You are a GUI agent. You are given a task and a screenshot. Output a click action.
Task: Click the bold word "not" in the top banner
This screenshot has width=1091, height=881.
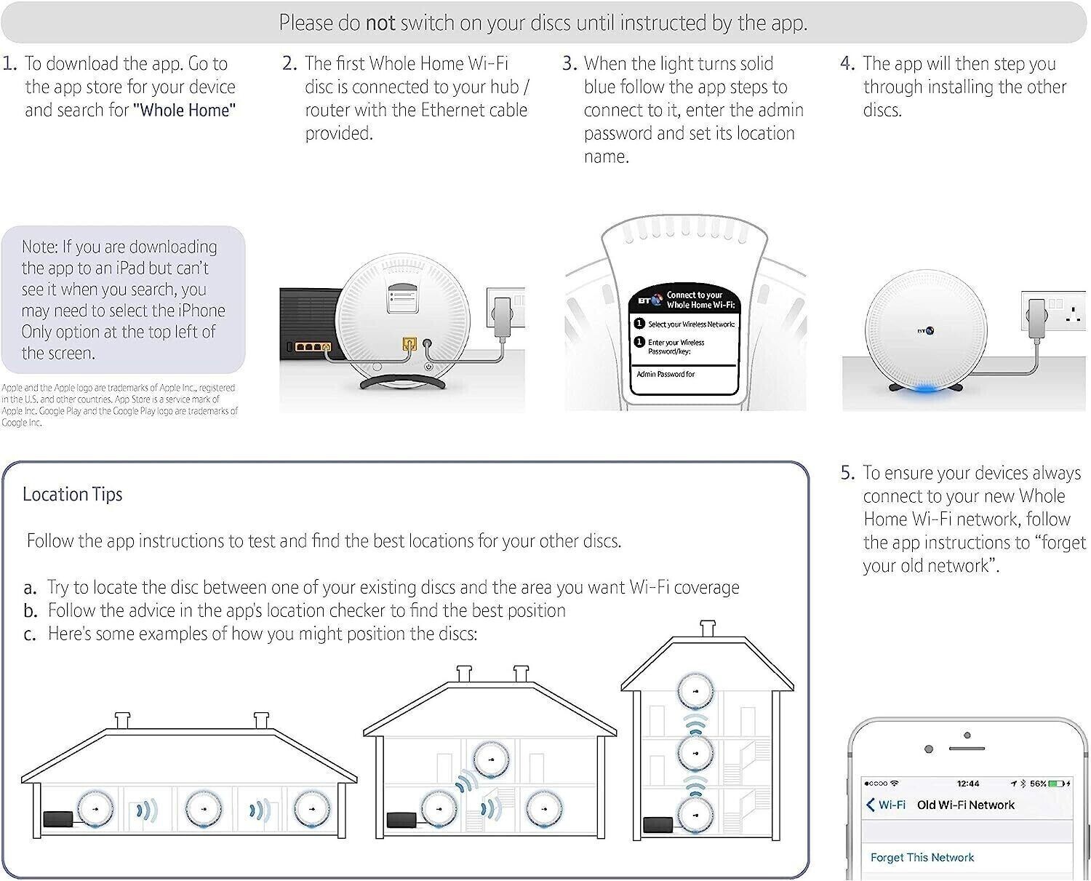coord(380,23)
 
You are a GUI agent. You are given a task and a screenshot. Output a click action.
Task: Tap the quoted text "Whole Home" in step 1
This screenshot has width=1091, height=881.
coord(185,111)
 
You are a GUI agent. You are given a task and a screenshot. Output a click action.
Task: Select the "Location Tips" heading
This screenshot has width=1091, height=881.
coord(73,495)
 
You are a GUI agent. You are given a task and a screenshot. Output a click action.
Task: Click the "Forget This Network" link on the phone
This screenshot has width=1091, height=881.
coord(922,858)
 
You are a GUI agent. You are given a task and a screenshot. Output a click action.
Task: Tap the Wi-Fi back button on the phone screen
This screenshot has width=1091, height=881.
coord(886,805)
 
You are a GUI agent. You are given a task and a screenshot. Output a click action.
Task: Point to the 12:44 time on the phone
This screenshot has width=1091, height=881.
coord(967,784)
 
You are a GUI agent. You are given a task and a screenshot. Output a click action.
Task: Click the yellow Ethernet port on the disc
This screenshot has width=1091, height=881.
coord(409,343)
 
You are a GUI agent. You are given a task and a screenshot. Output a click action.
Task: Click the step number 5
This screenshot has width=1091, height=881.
coord(847,473)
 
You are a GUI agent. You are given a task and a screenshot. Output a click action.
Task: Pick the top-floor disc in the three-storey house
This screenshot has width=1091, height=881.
coord(695,690)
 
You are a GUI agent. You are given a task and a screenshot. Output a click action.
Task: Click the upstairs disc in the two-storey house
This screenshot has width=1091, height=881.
coord(490,759)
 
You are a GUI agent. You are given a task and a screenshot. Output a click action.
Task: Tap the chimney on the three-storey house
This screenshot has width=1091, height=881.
coord(707,629)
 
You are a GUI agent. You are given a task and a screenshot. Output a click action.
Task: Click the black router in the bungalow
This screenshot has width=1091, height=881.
coord(60,818)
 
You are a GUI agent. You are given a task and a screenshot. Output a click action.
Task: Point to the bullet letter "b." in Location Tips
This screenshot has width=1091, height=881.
coord(30,611)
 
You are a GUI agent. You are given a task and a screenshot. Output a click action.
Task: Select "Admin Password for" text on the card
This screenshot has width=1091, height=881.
coord(666,374)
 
